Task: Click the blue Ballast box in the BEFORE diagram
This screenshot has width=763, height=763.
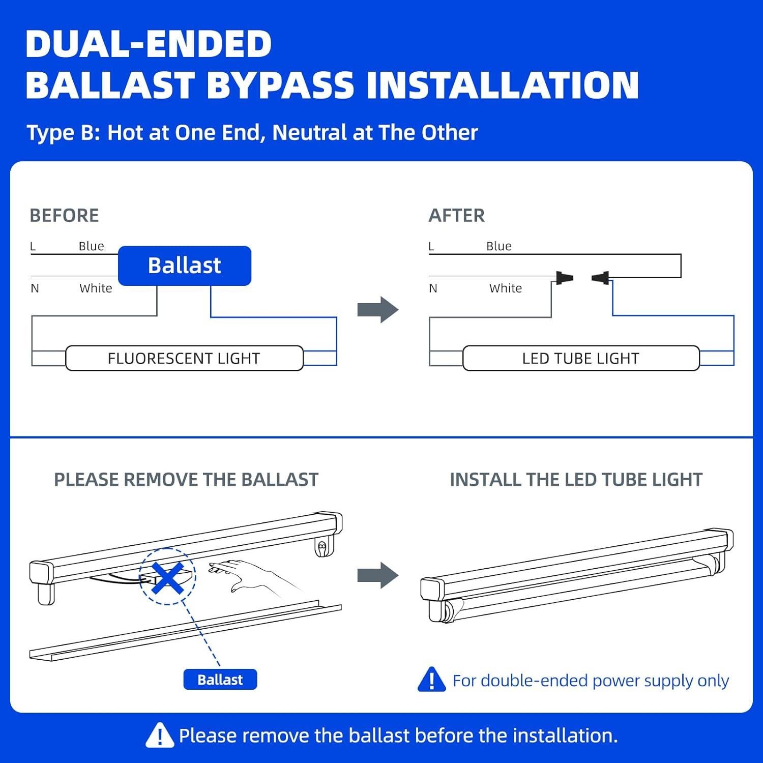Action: point(184,266)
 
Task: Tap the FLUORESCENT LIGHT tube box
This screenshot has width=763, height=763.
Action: point(184,358)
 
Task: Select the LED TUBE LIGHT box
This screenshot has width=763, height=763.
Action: point(580,358)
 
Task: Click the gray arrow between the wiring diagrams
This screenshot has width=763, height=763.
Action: point(377,310)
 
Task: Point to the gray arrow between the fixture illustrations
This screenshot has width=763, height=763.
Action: point(377,575)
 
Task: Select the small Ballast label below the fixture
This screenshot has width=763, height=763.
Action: point(220,680)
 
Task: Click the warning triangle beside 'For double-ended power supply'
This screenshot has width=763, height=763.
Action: point(431,680)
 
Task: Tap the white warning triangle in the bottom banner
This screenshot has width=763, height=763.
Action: point(159,736)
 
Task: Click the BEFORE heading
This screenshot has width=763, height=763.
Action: point(64,216)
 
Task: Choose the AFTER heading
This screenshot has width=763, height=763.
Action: point(456,216)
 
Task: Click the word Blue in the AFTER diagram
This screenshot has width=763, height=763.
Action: point(498,246)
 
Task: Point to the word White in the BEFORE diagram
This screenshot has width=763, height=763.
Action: point(96,288)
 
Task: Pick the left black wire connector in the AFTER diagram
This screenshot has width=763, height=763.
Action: point(564,278)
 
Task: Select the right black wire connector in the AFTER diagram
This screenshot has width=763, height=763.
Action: point(601,278)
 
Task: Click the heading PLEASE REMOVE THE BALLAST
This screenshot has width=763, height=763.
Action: point(186,480)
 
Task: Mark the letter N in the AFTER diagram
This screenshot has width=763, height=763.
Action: point(433,288)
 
